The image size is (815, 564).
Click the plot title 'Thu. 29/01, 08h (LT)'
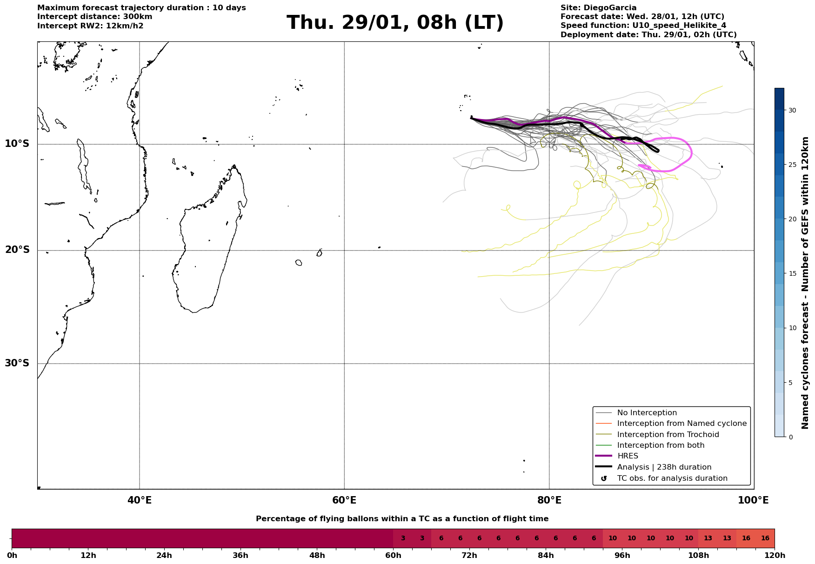[395, 23]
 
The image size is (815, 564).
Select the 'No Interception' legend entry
[647, 413]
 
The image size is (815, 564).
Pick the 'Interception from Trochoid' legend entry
[668, 435]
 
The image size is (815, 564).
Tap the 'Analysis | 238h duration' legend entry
[664, 467]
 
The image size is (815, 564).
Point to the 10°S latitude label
[17, 144]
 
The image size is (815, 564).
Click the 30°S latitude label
[17, 363]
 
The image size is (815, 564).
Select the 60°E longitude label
[344, 500]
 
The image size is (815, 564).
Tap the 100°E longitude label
[753, 500]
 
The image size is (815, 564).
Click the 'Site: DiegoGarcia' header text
[598, 8]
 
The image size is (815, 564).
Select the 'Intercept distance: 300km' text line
[94, 17]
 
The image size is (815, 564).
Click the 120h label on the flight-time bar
[774, 555]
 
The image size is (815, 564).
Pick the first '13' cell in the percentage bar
[708, 538]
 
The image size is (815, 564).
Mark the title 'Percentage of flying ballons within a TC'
[402, 519]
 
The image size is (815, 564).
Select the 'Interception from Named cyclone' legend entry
[681, 424]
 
